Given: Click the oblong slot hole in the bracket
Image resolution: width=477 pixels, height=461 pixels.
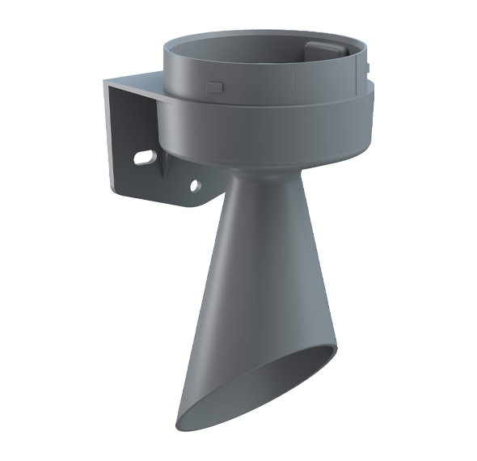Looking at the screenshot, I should coord(145,156).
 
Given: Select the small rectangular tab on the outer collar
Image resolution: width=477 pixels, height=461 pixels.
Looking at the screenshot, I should coord(214,85).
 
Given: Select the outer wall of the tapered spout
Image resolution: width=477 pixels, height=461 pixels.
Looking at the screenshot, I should coord(243,307).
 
